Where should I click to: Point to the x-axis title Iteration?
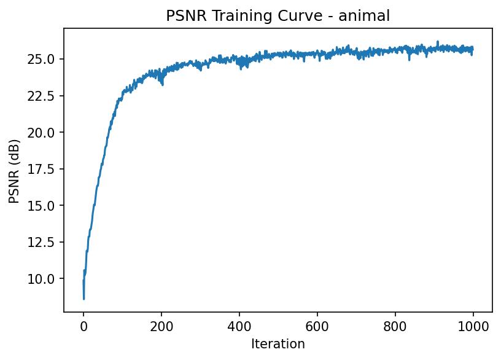(278, 344)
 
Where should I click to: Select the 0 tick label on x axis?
(83, 326)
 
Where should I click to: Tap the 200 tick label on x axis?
(161, 326)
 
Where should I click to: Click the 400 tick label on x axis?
(239, 326)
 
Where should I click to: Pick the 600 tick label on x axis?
(317, 326)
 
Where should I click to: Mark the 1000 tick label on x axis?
(473, 326)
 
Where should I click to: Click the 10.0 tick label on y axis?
(45, 279)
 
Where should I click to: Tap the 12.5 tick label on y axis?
(45, 243)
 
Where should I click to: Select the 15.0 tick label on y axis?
(45, 206)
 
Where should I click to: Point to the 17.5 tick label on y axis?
(45, 169)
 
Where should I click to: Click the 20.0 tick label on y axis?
(45, 133)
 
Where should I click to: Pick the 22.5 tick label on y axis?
(45, 96)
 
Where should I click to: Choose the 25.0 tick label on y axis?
(45, 60)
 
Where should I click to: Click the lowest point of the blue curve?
(83, 299)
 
